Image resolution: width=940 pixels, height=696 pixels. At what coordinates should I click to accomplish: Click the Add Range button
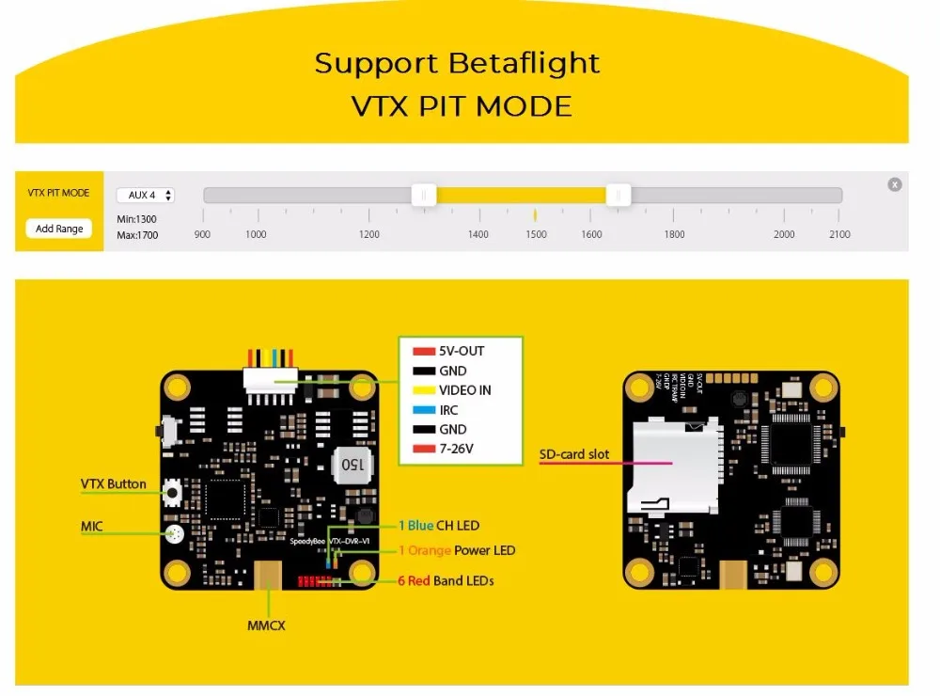click(x=58, y=229)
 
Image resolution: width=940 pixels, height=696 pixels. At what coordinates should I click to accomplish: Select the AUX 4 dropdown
click(x=145, y=196)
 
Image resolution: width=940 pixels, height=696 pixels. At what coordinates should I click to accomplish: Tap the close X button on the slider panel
click(x=895, y=184)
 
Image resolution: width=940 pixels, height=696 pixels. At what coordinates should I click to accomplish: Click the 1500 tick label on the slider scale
click(x=536, y=234)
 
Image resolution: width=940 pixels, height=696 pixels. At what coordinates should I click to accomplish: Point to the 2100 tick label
click(x=838, y=234)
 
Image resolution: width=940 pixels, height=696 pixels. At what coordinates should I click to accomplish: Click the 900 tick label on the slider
click(x=202, y=234)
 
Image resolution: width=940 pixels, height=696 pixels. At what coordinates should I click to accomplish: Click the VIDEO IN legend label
click(x=464, y=389)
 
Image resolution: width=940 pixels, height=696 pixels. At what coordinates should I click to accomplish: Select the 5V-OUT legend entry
click(x=462, y=351)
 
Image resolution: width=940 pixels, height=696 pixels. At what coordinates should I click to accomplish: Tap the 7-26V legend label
click(x=456, y=449)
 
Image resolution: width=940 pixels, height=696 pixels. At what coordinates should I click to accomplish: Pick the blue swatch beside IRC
click(x=422, y=410)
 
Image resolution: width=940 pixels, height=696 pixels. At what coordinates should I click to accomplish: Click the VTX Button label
click(x=113, y=484)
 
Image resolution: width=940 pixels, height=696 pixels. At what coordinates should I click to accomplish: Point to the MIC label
click(x=91, y=527)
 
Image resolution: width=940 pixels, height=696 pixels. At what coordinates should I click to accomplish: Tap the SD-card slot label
click(x=573, y=454)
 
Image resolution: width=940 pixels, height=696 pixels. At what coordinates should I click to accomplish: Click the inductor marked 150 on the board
click(x=352, y=464)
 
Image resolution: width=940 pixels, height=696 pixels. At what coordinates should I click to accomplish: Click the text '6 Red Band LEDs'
click(x=445, y=580)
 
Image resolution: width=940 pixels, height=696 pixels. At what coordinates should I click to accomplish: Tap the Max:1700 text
click(x=137, y=235)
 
